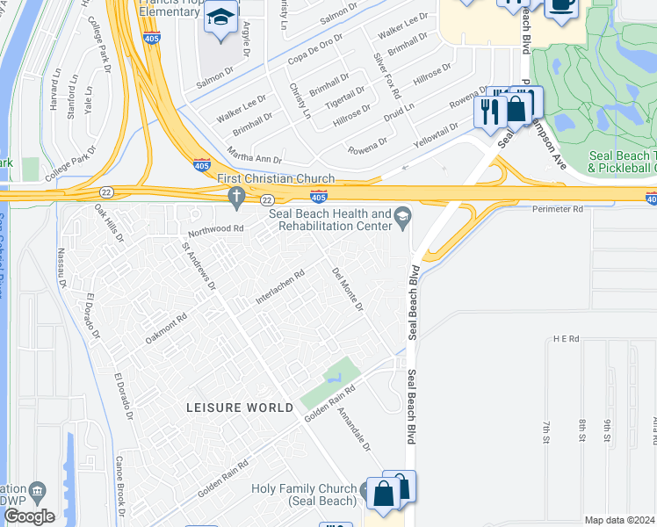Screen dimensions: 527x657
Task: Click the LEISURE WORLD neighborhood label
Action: tap(240, 408)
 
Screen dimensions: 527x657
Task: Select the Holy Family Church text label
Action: tap(305, 495)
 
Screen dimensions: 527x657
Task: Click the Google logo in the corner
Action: tap(28, 516)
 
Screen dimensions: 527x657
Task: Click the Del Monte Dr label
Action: tap(347, 289)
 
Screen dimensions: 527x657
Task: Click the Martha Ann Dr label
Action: tap(253, 159)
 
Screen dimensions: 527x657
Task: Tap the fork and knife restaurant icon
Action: tap(488, 111)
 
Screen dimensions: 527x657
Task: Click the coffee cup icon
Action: tap(560, 5)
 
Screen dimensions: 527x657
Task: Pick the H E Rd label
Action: tap(567, 338)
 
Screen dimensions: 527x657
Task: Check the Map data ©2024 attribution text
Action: tap(618, 520)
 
